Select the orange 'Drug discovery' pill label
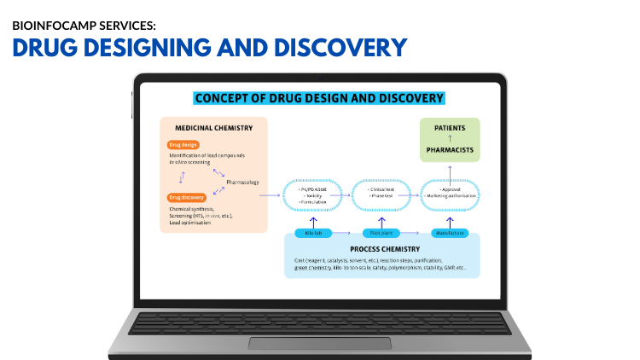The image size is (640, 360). click(x=186, y=198)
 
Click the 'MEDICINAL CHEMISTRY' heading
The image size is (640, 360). click(x=214, y=128)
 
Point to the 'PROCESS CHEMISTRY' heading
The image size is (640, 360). click(x=382, y=249)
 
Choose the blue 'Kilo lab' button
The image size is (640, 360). click(x=313, y=232)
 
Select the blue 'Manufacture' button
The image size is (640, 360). click(x=449, y=232)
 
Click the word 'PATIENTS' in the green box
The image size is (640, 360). click(x=450, y=128)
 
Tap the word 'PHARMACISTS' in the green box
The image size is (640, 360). click(x=450, y=149)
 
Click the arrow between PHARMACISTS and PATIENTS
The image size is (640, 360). click(x=450, y=138)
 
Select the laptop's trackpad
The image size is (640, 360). click(x=319, y=343)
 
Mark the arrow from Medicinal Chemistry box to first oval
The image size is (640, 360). click(x=270, y=195)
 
